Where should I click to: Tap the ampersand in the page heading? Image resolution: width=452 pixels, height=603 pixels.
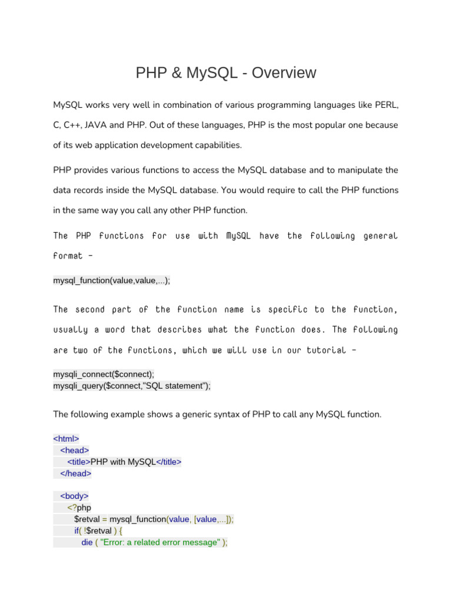pos(177,73)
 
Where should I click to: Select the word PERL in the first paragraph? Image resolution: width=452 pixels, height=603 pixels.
pos(387,104)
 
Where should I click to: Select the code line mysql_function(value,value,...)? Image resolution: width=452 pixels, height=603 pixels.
pos(112,281)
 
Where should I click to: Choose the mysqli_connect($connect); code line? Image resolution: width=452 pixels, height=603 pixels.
pos(104,375)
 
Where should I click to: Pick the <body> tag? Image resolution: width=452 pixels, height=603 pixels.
pos(74,496)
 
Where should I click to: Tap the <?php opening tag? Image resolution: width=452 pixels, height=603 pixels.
pos(79,508)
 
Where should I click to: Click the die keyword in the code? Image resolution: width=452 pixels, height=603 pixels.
pos(87,542)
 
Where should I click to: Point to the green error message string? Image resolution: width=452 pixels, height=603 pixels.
pos(160,542)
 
